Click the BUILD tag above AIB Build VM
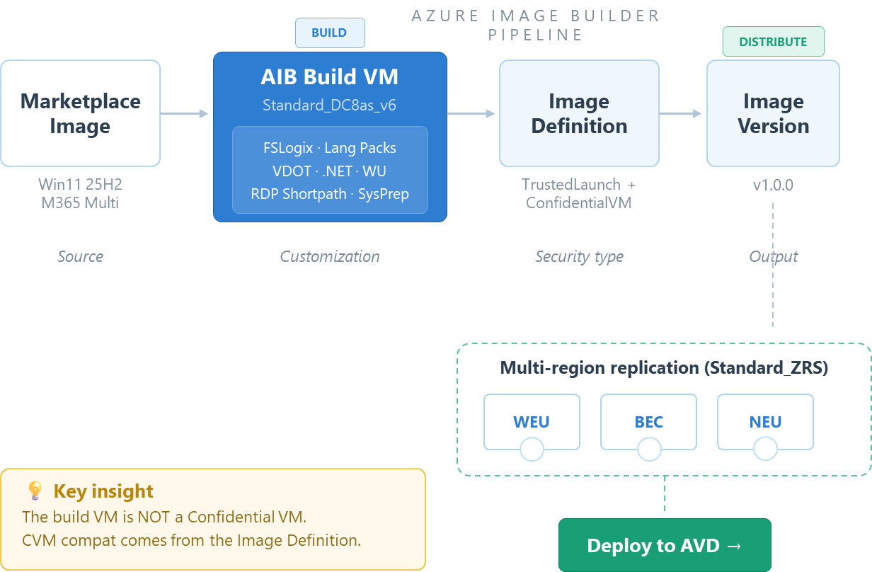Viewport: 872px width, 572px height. [x=329, y=33]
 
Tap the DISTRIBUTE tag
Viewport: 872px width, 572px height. [x=773, y=42]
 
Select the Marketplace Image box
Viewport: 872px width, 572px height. [x=80, y=113]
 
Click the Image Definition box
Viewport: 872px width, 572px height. [x=579, y=113]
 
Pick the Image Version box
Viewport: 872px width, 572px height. [x=773, y=113]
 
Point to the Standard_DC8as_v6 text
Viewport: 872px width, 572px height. [x=329, y=105]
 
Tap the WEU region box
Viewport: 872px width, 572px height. [x=532, y=422]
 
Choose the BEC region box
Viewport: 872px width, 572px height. [x=648, y=422]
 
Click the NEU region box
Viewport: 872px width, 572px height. [x=765, y=422]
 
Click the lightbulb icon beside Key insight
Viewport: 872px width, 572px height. [x=35, y=491]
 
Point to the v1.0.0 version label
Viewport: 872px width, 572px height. [x=773, y=185]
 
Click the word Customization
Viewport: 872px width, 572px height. [x=329, y=256]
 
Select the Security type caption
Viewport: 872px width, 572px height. [x=579, y=256]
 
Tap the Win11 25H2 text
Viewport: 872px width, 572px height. [x=80, y=185]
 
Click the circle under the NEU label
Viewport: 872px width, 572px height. [x=765, y=449]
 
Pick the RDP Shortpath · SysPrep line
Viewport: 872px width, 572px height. [x=329, y=194]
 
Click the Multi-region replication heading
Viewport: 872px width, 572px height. [x=664, y=368]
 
